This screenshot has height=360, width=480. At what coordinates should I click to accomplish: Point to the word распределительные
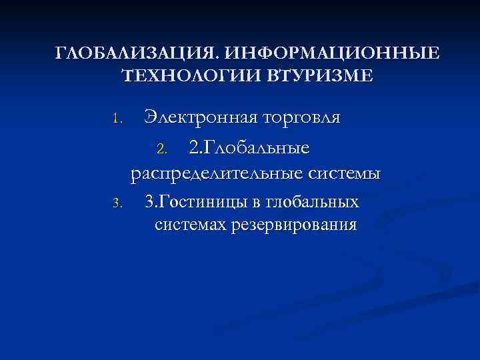point(216,174)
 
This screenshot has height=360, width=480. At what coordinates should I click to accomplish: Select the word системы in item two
point(345,174)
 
